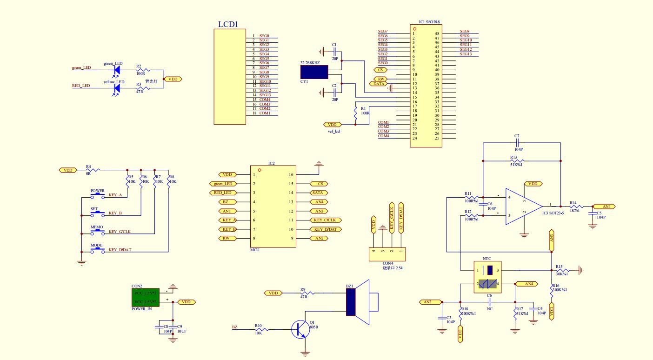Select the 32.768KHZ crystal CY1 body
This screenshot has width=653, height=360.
tap(314, 72)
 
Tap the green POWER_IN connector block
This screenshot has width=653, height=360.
tap(146, 297)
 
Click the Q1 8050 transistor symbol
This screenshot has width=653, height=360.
tap(300, 329)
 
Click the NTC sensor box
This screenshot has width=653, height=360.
tap(487, 276)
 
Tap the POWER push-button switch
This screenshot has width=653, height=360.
tap(97, 194)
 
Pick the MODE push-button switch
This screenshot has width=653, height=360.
tap(97, 249)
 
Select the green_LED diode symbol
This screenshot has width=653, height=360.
tap(117, 70)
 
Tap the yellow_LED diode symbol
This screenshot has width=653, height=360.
tap(117, 88)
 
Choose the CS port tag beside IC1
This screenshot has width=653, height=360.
tap(380, 70)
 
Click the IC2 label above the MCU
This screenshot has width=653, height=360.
tap(272, 164)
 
